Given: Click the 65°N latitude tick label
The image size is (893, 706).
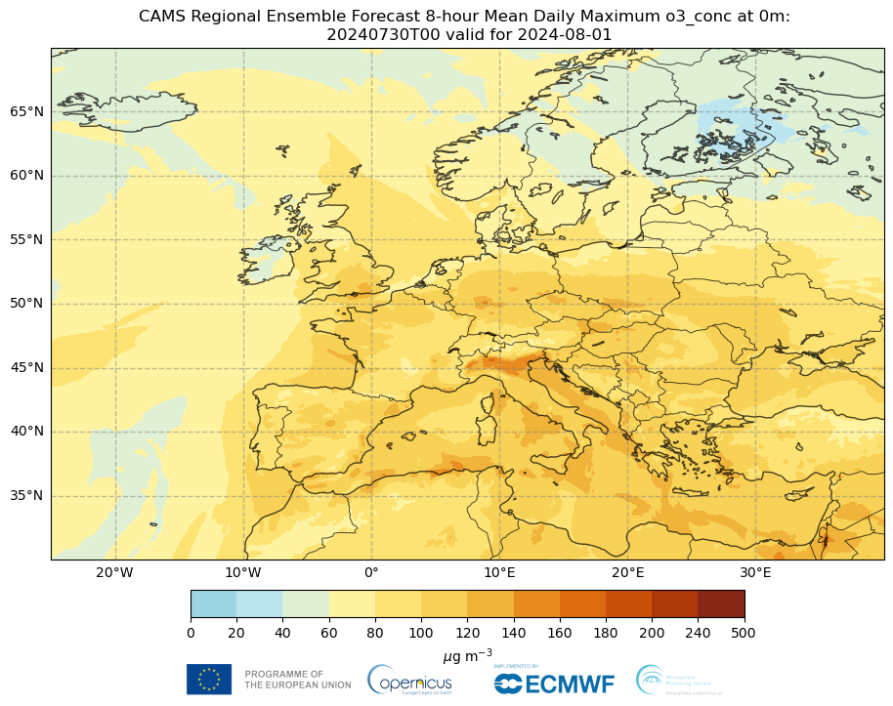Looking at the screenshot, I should click(26, 111).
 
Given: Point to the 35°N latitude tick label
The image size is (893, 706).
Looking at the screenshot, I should click(26, 496).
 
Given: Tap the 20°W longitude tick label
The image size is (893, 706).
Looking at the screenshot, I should click(115, 572).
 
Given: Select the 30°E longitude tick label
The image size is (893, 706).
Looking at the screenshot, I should click(755, 572).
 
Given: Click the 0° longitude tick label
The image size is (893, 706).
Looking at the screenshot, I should click(371, 572).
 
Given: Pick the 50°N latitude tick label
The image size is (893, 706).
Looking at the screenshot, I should click(26, 304).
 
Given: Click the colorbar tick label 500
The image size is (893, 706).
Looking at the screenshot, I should click(744, 633).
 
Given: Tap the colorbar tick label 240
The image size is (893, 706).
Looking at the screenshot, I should click(698, 633).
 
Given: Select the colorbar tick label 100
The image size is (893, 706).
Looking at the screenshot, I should click(421, 633).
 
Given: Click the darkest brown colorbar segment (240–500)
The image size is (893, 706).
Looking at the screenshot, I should click(721, 603).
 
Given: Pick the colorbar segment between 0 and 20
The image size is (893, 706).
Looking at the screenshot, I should click(214, 603).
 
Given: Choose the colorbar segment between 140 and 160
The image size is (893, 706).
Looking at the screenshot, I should click(536, 603).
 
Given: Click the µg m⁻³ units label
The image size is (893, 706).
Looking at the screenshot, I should click(467, 653).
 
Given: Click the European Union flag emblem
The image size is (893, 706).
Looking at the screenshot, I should click(209, 679).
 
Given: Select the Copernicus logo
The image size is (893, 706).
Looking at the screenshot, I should click(409, 680).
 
